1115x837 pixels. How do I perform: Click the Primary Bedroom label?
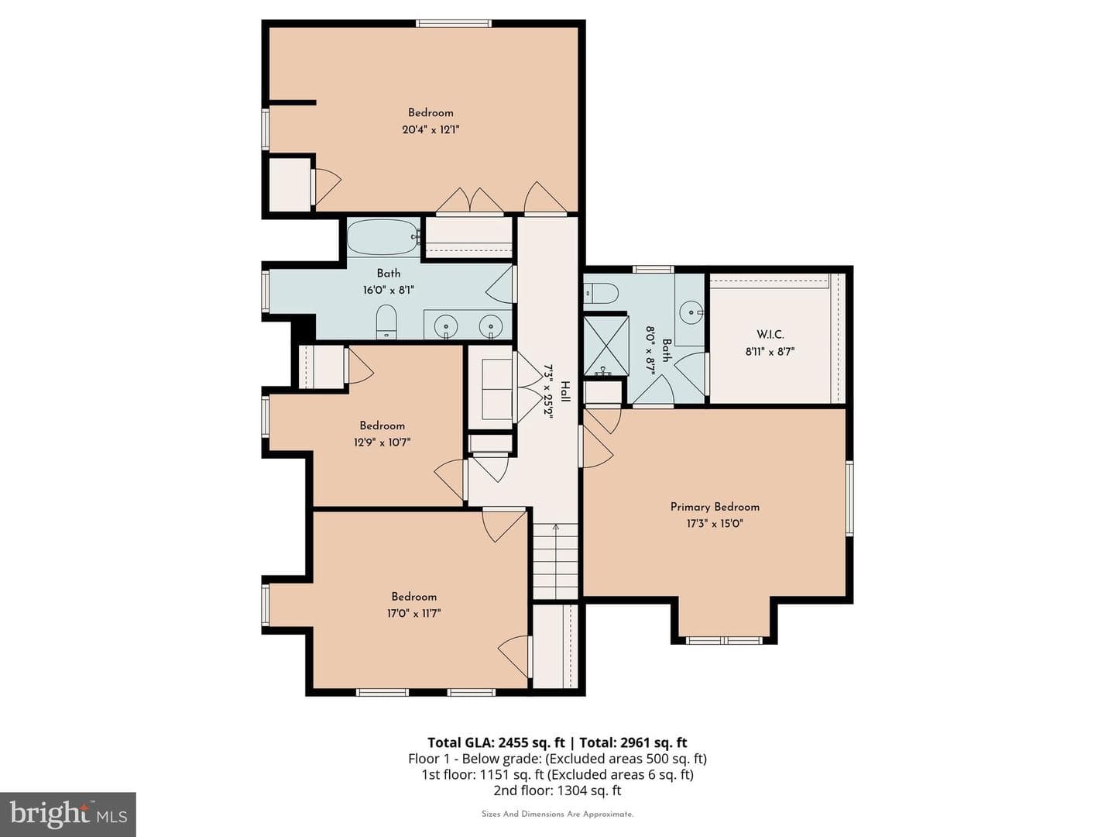(x=715, y=507)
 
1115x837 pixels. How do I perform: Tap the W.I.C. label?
(x=770, y=334)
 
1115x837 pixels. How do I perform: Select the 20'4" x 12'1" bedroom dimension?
(x=431, y=129)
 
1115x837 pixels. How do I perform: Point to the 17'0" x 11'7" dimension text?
(x=413, y=613)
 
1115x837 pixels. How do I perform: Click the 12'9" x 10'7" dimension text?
(x=382, y=442)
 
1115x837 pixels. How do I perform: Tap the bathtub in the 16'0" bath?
(x=383, y=237)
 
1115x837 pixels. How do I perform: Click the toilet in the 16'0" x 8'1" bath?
(x=386, y=322)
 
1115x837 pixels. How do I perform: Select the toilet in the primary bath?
(x=601, y=293)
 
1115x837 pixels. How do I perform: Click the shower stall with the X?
(x=606, y=346)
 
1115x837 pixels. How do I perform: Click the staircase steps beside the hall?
(x=555, y=561)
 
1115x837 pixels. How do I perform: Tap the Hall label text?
(x=565, y=391)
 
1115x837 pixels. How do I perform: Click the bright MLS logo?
(x=68, y=815)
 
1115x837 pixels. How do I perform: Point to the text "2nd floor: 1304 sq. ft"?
(x=557, y=790)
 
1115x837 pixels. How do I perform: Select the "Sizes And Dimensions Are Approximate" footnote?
(x=557, y=814)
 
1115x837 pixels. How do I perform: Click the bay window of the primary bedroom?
(x=724, y=640)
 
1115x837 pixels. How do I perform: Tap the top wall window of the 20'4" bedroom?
(x=454, y=23)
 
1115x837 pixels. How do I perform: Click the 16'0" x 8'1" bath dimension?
(x=388, y=290)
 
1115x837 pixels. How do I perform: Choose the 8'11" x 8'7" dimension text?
(x=770, y=351)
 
